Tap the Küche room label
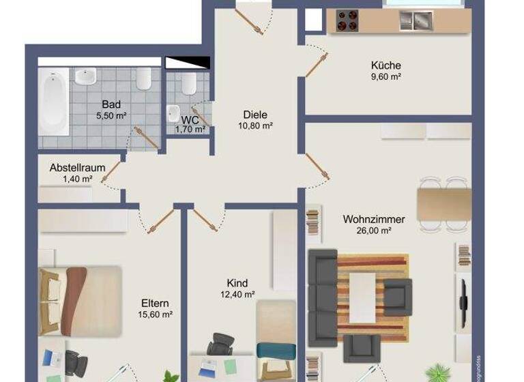pyautogui.click(x=385, y=65)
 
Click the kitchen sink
pyautogui.click(x=416, y=21)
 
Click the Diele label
pyautogui.click(x=255, y=115)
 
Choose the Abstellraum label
pyautogui.click(x=77, y=168)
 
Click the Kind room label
pyautogui.click(x=237, y=283)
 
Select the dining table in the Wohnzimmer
pyautogui.click(x=443, y=203)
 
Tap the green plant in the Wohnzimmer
pyautogui.click(x=435, y=372)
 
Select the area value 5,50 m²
pyautogui.click(x=112, y=115)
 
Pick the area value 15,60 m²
pyautogui.click(x=156, y=314)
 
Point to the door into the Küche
pyautogui.click(x=315, y=65)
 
